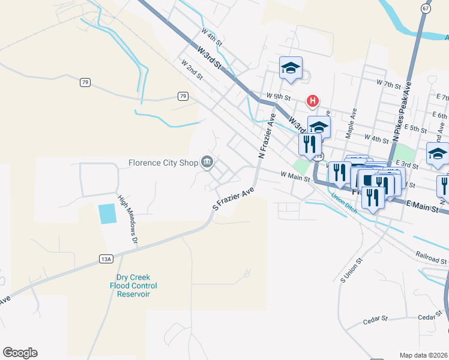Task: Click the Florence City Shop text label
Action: (164, 163)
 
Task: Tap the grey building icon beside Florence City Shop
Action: (208, 163)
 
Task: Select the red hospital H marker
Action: (312, 101)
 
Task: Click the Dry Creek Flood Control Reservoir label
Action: (137, 286)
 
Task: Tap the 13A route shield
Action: (106, 258)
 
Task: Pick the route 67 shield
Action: (426, 8)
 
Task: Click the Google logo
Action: (20, 353)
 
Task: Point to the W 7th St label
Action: (388, 85)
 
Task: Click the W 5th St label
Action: (278, 96)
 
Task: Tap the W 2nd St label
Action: (192, 70)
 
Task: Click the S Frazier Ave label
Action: (233, 198)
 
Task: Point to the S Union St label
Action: (352, 271)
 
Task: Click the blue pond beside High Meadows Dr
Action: (106, 214)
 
